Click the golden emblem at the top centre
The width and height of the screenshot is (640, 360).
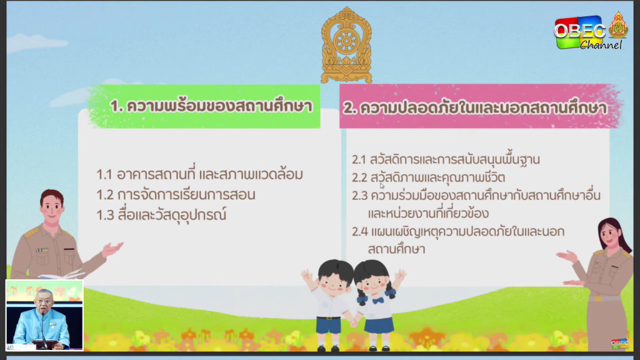click(x=346, y=45)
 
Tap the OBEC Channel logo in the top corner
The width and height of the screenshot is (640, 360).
click(x=591, y=32)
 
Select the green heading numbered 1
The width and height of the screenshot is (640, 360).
click(x=211, y=106)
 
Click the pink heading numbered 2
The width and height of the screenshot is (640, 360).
click(x=475, y=107)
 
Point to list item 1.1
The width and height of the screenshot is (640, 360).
click(x=199, y=174)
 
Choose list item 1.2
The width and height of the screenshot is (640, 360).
click(x=176, y=195)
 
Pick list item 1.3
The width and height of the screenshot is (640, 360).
click(x=161, y=215)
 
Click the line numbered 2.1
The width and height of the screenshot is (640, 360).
click(x=446, y=159)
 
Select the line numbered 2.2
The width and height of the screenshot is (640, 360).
click(x=429, y=177)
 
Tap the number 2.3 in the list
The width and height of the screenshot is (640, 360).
click(x=359, y=196)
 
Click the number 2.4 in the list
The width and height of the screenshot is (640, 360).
click(x=359, y=232)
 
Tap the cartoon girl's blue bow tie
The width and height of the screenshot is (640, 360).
click(x=378, y=301)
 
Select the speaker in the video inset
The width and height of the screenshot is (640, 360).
click(x=42, y=319)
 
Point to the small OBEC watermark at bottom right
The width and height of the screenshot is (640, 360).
click(x=619, y=344)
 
